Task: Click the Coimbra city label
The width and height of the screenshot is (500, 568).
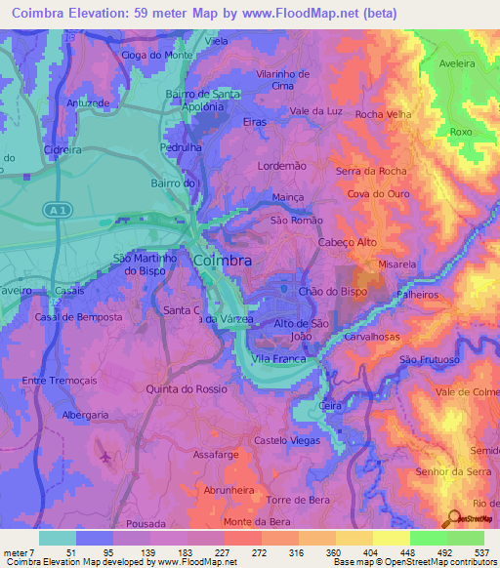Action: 223,262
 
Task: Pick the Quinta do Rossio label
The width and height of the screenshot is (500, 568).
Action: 186,387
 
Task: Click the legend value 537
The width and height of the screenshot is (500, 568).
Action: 481,552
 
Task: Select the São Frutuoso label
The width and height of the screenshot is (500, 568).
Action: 429,360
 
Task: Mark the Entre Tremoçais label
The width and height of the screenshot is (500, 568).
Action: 62,381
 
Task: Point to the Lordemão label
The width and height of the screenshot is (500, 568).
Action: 281,166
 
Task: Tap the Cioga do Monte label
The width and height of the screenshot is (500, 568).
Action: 156,56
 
